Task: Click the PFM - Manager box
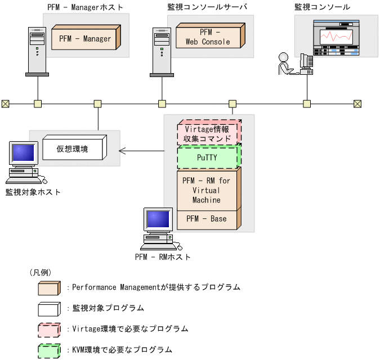(85, 38)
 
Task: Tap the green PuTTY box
(208, 157)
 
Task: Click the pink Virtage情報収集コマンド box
(208, 133)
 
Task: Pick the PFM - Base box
(208, 219)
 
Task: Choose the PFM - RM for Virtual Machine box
(208, 190)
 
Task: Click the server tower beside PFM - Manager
(37, 51)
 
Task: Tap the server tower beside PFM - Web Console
(162, 51)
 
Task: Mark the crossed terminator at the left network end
(5, 103)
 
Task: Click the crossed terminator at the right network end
(357, 103)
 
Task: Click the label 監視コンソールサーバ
(208, 7)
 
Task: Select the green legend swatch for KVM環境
(49, 350)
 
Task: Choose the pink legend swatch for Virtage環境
(49, 329)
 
